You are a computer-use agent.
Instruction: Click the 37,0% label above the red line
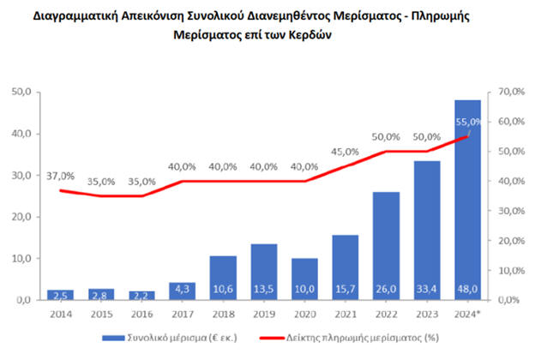pyautogui.click(x=59, y=175)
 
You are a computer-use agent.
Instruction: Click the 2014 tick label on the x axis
pyautogui.click(x=60, y=314)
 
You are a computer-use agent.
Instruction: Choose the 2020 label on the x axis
pyautogui.click(x=304, y=314)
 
